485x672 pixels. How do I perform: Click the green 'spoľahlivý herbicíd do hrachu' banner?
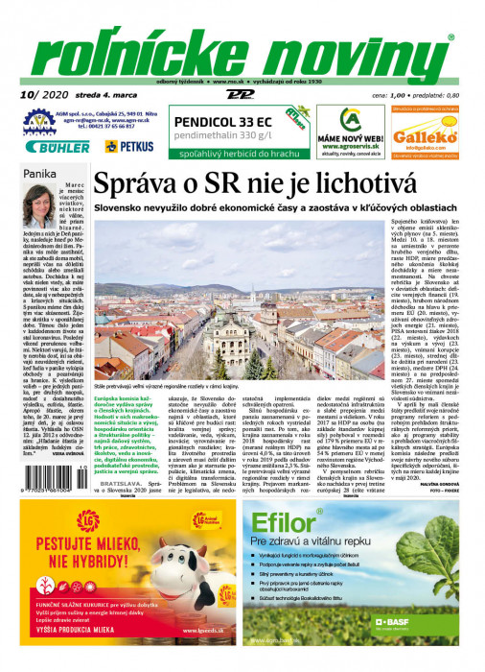click(x=228, y=152)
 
